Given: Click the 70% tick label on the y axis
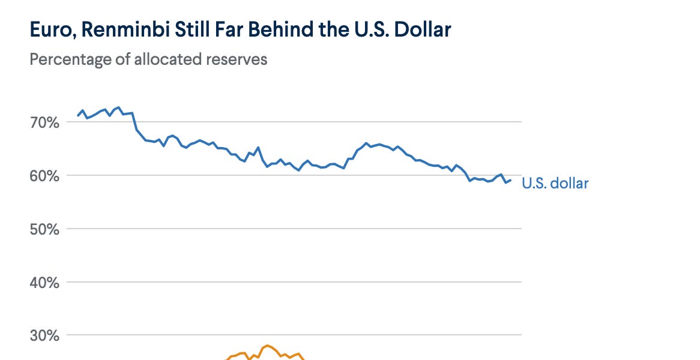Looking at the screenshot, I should point(44,122).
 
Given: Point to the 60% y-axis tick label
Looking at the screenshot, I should point(44,176).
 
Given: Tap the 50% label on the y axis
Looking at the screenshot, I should point(44,229).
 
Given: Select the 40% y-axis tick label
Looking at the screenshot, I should point(44,282).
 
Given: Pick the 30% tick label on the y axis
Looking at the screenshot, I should point(44,335).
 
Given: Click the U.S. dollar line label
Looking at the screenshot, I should point(555,184).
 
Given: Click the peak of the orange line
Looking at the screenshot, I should point(267,345).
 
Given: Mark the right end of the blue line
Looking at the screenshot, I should point(511,180).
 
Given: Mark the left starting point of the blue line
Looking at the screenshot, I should point(78,116).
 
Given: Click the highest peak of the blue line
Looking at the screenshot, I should point(118,107).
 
